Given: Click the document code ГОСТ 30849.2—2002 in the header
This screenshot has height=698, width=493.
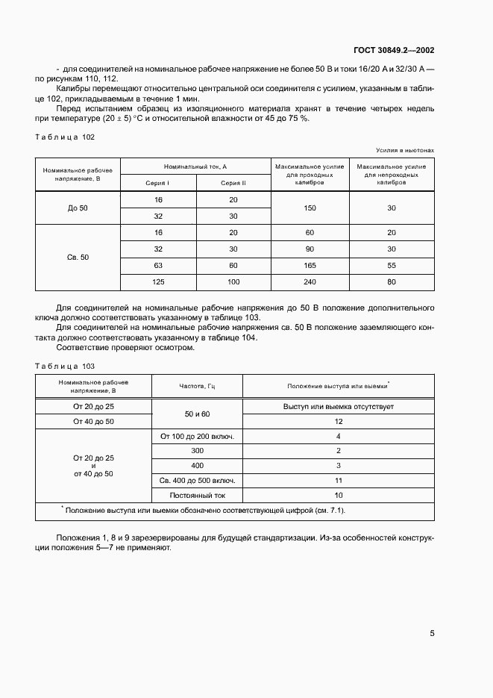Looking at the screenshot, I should [394, 51].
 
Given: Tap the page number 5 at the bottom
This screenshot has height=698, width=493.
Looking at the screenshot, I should [432, 634].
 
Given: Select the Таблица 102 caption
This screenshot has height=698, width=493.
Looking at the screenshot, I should [66, 137].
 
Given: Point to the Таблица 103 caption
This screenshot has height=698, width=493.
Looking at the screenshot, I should [66, 366].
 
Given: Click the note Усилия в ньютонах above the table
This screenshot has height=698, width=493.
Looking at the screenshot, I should [407, 150].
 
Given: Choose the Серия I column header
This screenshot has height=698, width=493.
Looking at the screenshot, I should [157, 183].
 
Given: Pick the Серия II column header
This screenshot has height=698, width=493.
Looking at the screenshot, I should [233, 183].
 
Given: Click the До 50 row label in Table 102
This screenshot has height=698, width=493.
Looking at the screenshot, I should [78, 208].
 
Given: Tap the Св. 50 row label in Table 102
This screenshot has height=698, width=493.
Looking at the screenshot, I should [78, 258].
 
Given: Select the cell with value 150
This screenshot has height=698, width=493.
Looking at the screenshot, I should [309, 208].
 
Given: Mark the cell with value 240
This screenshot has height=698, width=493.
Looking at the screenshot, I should [309, 282].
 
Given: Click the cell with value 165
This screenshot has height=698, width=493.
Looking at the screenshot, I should [309, 266].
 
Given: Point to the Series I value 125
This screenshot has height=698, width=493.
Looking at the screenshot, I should [157, 282].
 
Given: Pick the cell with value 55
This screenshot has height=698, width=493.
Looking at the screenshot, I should [392, 266].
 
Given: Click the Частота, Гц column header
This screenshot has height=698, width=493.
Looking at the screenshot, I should [197, 386].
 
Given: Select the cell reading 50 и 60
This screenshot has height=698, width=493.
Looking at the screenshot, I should [197, 414].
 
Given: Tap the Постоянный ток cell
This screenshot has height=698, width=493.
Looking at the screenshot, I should [197, 495].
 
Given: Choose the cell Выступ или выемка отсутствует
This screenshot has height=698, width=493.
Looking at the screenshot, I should [339, 407].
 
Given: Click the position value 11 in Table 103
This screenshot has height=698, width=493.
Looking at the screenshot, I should [339, 480].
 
